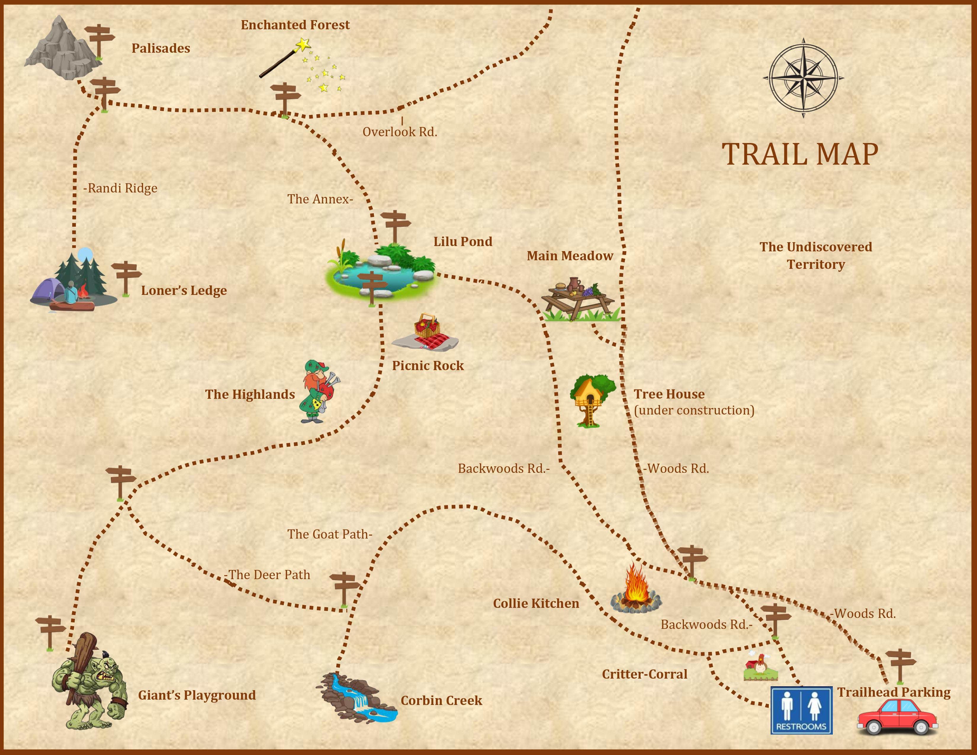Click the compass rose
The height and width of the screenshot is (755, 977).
pyautogui.click(x=804, y=78)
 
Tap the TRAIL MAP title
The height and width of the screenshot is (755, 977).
pyautogui.click(x=800, y=154)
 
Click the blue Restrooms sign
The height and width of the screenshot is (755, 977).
pyautogui.click(x=801, y=711)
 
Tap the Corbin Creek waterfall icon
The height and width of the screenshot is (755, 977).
pyautogui.click(x=358, y=698)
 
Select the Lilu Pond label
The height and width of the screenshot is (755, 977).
pyautogui.click(x=462, y=242)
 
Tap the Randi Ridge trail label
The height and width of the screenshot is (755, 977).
pyautogui.click(x=121, y=188)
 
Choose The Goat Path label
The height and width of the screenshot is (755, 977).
pyautogui.click(x=330, y=534)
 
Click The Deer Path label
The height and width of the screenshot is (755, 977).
pyautogui.click(x=269, y=575)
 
